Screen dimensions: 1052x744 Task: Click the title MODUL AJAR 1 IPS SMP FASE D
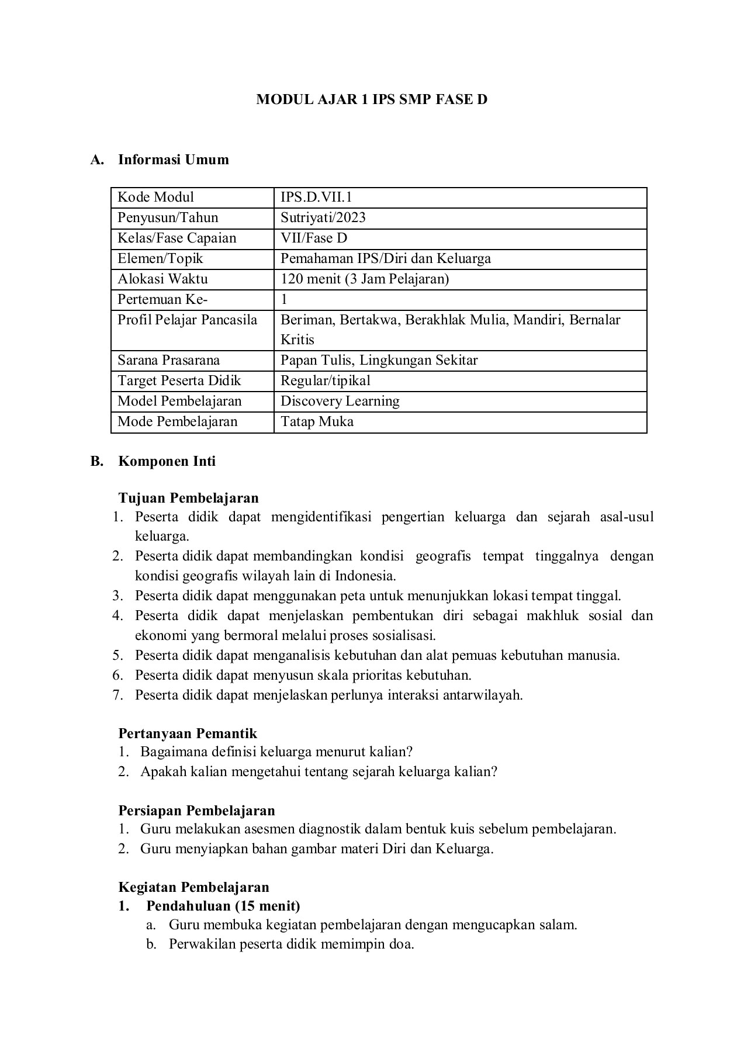[372, 100]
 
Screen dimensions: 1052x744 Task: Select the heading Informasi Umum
[173, 160]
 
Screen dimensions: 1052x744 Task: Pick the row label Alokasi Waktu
[162, 279]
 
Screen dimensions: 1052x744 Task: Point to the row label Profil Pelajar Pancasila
[187, 320]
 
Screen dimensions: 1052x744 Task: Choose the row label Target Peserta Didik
[179, 381]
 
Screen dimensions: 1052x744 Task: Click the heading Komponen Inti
[167, 461]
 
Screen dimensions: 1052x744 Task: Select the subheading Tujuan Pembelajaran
[188, 498]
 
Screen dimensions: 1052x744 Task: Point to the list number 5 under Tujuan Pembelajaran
[117, 655]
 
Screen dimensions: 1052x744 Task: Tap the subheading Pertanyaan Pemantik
[188, 733]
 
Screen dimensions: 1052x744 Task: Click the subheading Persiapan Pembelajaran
[196, 811]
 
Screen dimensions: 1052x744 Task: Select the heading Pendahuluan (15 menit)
[223, 906]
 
